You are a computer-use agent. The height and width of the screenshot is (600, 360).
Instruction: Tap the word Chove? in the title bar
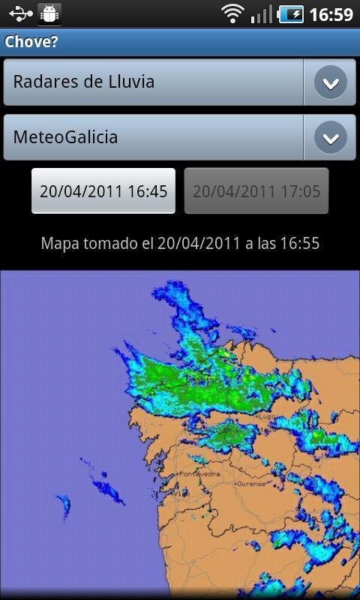[x=31, y=42]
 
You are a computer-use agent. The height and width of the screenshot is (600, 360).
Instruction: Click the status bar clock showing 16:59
[x=331, y=14]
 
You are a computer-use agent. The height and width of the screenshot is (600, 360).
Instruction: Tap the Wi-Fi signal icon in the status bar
[x=233, y=13]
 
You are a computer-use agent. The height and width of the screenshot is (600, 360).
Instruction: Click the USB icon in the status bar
[x=19, y=13]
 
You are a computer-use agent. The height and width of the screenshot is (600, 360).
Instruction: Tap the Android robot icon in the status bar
[x=50, y=13]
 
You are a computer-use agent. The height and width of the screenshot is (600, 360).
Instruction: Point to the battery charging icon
[x=291, y=13]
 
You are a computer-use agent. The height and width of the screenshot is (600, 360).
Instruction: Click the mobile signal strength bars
[x=262, y=13]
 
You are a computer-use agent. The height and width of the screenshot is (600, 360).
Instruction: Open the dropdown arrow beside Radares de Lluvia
[x=330, y=82]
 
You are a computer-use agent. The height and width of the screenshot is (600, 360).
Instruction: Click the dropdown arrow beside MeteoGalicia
[x=330, y=138]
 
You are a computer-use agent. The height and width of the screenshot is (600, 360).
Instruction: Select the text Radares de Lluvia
[x=84, y=82]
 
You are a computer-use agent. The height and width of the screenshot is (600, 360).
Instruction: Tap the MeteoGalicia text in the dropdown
[x=65, y=138]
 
